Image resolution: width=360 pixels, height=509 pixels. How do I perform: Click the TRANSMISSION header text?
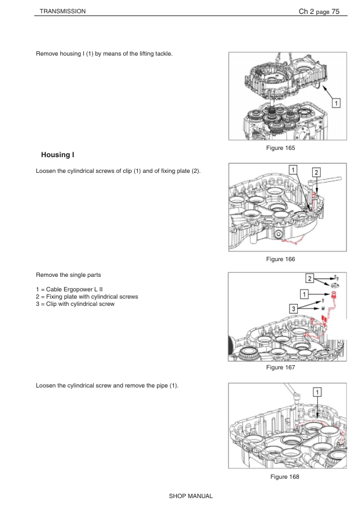(63, 11)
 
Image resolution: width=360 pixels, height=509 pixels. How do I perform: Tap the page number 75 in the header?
(335, 11)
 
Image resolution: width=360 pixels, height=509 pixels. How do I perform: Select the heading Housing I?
(58, 155)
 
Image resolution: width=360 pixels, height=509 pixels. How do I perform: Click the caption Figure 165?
(280, 148)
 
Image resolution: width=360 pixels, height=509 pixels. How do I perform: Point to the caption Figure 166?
(280, 259)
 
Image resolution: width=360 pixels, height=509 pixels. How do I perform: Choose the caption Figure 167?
(280, 367)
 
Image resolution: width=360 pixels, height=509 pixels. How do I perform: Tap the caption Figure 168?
(284, 476)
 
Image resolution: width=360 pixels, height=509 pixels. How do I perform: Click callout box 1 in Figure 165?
(336, 103)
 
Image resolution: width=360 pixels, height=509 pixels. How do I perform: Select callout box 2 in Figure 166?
(317, 172)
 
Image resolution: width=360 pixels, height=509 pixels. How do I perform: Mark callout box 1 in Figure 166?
(293, 170)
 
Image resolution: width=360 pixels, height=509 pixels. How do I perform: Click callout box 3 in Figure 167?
(293, 308)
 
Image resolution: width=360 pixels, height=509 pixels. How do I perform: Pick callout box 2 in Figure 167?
(310, 278)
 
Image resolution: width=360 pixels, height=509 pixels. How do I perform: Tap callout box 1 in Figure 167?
(304, 294)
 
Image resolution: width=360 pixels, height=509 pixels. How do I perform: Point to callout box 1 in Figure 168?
(317, 392)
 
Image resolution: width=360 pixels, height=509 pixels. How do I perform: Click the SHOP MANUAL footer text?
(191, 496)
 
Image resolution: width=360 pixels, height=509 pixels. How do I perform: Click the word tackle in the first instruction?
(164, 54)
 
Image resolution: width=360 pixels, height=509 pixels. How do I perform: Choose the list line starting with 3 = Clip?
(76, 304)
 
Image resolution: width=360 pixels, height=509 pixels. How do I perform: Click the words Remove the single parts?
(68, 275)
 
